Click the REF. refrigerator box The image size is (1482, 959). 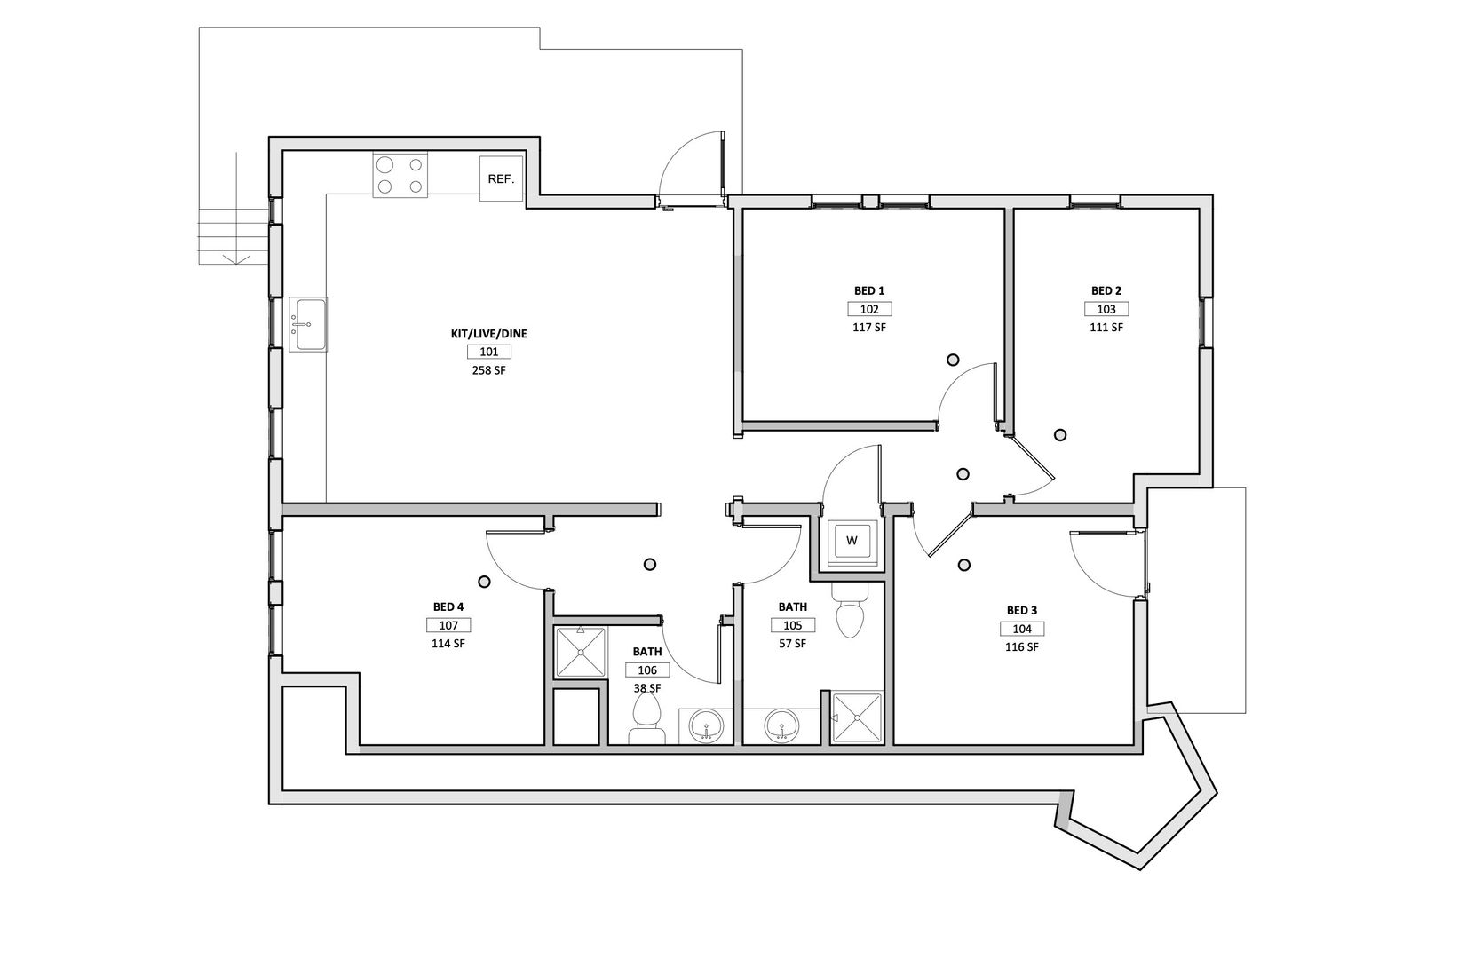pos(501,178)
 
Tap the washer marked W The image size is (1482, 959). pos(852,541)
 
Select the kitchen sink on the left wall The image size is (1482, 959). pos(308,323)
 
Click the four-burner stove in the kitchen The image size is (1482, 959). pos(400,175)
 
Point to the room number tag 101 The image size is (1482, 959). pos(489,353)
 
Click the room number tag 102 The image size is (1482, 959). pos(869,309)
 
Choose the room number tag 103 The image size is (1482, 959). pos(1106,309)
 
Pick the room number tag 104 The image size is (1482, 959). pos(1022,629)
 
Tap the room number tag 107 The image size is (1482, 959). pos(448,625)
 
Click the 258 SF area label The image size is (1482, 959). pos(489,370)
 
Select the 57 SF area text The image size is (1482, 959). pos(793,643)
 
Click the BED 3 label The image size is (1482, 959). pos(1022,610)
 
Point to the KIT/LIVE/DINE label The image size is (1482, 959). pos(489,334)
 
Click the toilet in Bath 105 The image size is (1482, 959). pos(850,609)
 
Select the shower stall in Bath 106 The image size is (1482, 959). pos(581,653)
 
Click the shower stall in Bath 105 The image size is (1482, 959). pos(857,718)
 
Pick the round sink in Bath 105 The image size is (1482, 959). pos(782,726)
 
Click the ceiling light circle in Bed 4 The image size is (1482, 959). pos(484,582)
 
